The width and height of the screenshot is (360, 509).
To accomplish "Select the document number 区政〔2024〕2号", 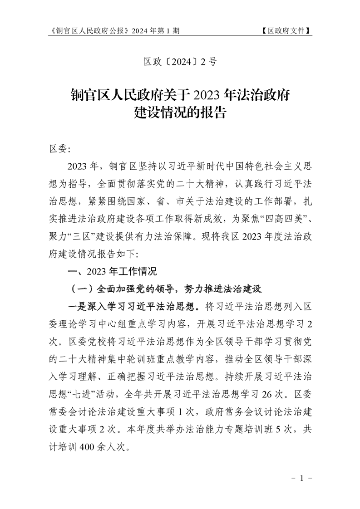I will tap(180, 62).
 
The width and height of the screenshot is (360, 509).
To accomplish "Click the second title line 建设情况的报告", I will tap(180, 113).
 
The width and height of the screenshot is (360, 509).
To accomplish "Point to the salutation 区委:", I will tap(57, 149).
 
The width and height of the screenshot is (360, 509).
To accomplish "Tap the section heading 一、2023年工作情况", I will tap(111, 272).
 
